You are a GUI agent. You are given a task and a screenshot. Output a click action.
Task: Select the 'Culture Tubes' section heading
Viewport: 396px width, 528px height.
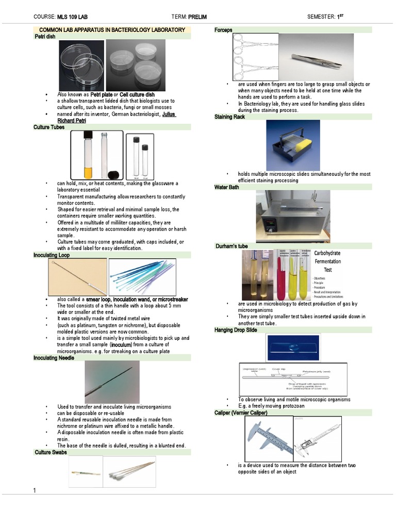49,127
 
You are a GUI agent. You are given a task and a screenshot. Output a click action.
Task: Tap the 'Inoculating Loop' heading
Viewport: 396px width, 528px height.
51,255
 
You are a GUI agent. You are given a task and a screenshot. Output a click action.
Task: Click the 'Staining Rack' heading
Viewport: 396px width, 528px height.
229,117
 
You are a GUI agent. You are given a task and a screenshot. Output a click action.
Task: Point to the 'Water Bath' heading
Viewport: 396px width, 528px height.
226,187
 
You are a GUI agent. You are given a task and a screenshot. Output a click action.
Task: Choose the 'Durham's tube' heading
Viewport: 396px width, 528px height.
232,246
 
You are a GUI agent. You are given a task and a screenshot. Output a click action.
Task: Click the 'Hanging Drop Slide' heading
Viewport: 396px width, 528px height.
236,329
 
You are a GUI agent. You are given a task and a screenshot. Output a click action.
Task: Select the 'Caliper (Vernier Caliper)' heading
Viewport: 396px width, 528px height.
241,413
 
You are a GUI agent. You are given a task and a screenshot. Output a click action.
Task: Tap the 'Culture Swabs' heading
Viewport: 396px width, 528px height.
51,452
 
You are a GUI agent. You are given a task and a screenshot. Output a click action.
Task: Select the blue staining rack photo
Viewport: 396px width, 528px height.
292,145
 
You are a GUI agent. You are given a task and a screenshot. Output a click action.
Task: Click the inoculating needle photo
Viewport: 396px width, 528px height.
112,382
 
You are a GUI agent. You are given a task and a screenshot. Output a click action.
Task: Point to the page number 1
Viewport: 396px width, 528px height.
35,490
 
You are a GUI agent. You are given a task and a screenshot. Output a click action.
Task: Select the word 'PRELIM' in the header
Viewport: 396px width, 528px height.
197,17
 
